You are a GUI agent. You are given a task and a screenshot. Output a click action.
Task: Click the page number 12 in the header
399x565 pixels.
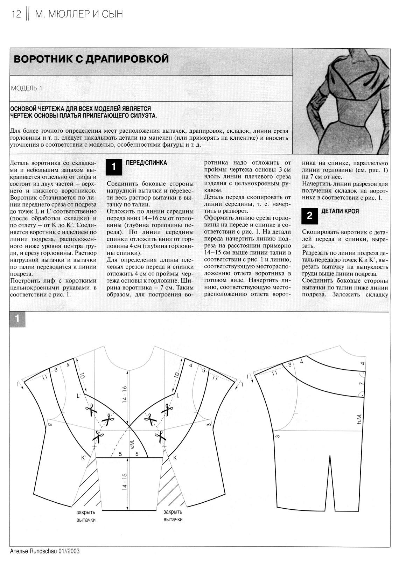click(x=16, y=14)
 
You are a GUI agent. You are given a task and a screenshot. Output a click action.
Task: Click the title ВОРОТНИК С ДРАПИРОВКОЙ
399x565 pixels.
click(x=91, y=58)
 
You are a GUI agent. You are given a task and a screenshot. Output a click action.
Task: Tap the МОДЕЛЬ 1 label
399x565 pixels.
click(x=27, y=88)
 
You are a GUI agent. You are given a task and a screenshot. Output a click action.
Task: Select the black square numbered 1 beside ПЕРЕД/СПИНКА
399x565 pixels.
click(x=114, y=167)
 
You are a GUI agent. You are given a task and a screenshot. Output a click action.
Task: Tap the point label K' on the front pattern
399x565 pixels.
click(x=84, y=458)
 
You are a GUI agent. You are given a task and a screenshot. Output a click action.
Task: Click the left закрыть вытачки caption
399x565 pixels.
click(x=86, y=516)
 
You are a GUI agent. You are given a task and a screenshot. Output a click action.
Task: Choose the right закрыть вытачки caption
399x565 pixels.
click(x=173, y=516)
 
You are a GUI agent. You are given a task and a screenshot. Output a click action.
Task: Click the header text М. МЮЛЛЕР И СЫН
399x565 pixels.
click(x=79, y=14)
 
